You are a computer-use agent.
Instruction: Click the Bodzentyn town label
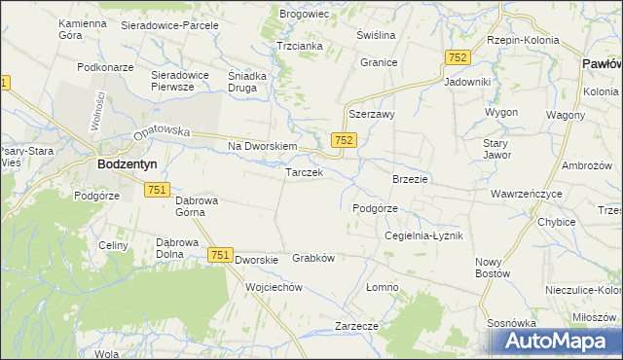[123, 165]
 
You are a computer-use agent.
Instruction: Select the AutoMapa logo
[555, 342]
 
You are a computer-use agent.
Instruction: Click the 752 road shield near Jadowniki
[458, 58]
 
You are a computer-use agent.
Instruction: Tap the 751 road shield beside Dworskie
[219, 255]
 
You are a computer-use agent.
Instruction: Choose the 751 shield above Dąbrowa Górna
[159, 190]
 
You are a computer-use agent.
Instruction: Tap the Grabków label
[313, 259]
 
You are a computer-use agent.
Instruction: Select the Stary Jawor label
[496, 149]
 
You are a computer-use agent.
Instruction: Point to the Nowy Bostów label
[494, 268]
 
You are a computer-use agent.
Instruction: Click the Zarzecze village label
[355, 325]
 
